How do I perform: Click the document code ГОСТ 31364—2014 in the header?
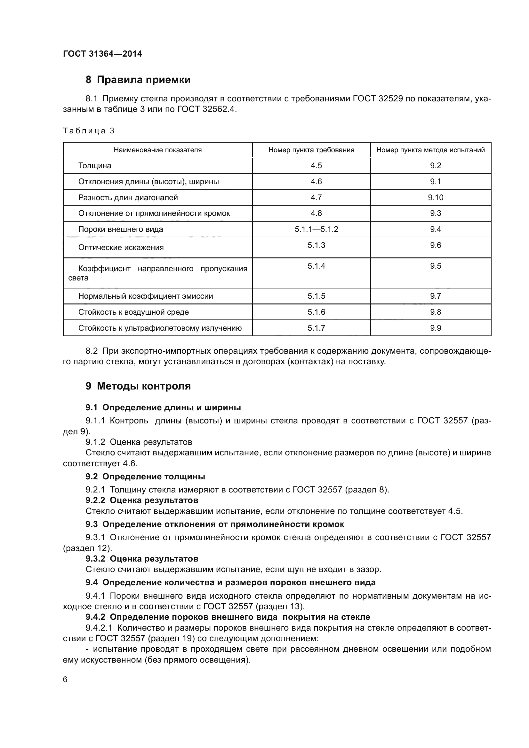coord(102,54)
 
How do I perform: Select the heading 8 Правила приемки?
coord(138,80)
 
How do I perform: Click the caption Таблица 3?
coord(89,131)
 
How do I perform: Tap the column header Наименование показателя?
coord(157,150)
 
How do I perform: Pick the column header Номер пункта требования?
coord(311,150)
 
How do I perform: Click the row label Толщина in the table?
coord(94,166)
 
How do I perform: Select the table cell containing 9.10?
coord(436,197)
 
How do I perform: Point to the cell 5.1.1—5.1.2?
coord(316,229)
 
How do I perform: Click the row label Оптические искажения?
coord(121,248)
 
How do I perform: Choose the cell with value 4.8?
coord(316,213)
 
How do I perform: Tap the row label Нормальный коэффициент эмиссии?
coord(145,296)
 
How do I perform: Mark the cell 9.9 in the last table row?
coord(436,328)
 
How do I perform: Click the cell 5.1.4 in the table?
coord(316,266)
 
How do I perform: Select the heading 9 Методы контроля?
coord(138,386)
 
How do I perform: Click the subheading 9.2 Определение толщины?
coord(145,476)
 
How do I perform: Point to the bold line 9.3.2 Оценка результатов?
coord(142,559)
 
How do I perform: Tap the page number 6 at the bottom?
coord(65,679)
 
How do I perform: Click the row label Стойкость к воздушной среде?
coord(133,312)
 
